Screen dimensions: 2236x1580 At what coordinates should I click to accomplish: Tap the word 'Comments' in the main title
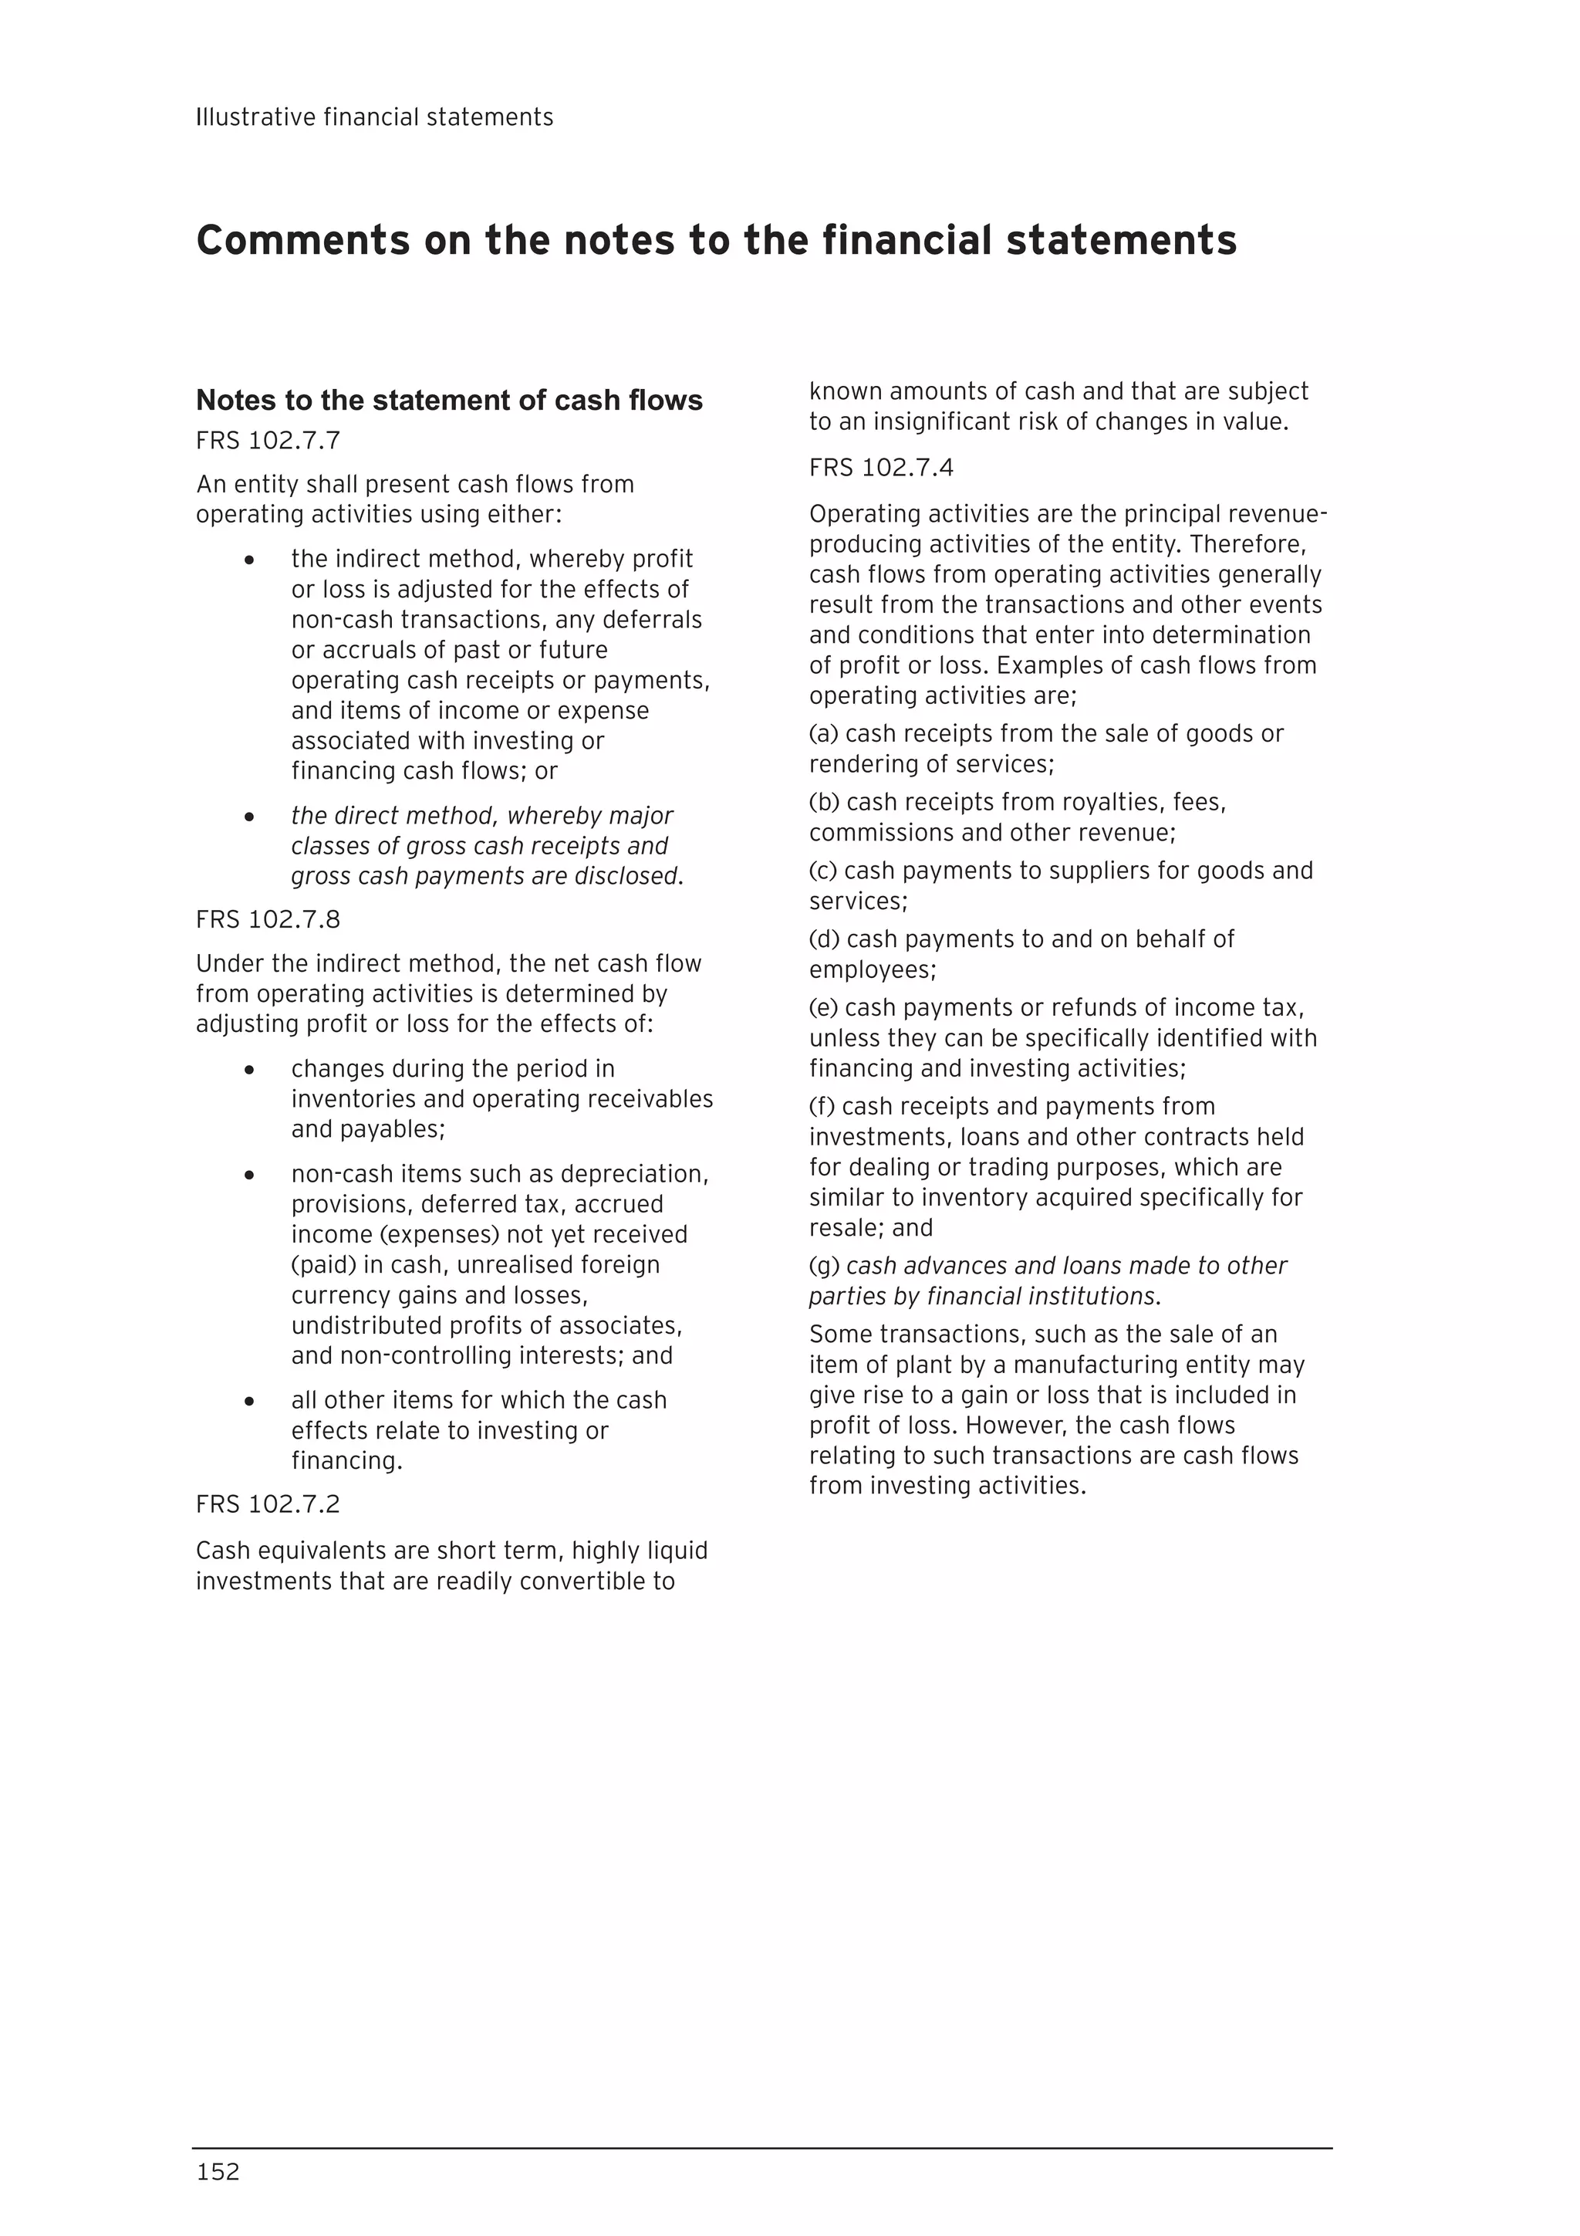[x=302, y=241]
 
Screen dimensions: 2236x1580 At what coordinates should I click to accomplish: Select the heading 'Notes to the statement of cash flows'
[x=449, y=401]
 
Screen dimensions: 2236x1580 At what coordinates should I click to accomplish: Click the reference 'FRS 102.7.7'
[x=268, y=441]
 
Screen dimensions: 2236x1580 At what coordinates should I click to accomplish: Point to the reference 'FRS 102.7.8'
[x=268, y=919]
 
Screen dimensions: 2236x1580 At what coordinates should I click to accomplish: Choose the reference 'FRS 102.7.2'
[x=268, y=1504]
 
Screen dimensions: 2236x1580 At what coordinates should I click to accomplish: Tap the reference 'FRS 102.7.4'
[x=881, y=468]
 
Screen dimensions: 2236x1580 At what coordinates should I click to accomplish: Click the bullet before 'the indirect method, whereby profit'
[x=250, y=561]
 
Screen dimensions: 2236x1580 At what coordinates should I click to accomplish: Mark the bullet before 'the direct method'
[x=250, y=817]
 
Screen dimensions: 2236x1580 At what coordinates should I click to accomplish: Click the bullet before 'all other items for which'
[x=250, y=1402]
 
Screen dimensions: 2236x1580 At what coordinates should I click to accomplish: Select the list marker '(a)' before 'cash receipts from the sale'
[x=824, y=733]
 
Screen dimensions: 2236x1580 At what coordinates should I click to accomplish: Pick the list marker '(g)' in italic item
[x=824, y=1266]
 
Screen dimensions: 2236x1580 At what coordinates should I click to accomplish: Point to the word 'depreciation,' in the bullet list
[x=647, y=1175]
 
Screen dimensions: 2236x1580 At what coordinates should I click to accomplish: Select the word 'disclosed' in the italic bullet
[x=626, y=877]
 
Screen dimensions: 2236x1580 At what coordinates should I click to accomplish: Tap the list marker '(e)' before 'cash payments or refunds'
[x=824, y=1007]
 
